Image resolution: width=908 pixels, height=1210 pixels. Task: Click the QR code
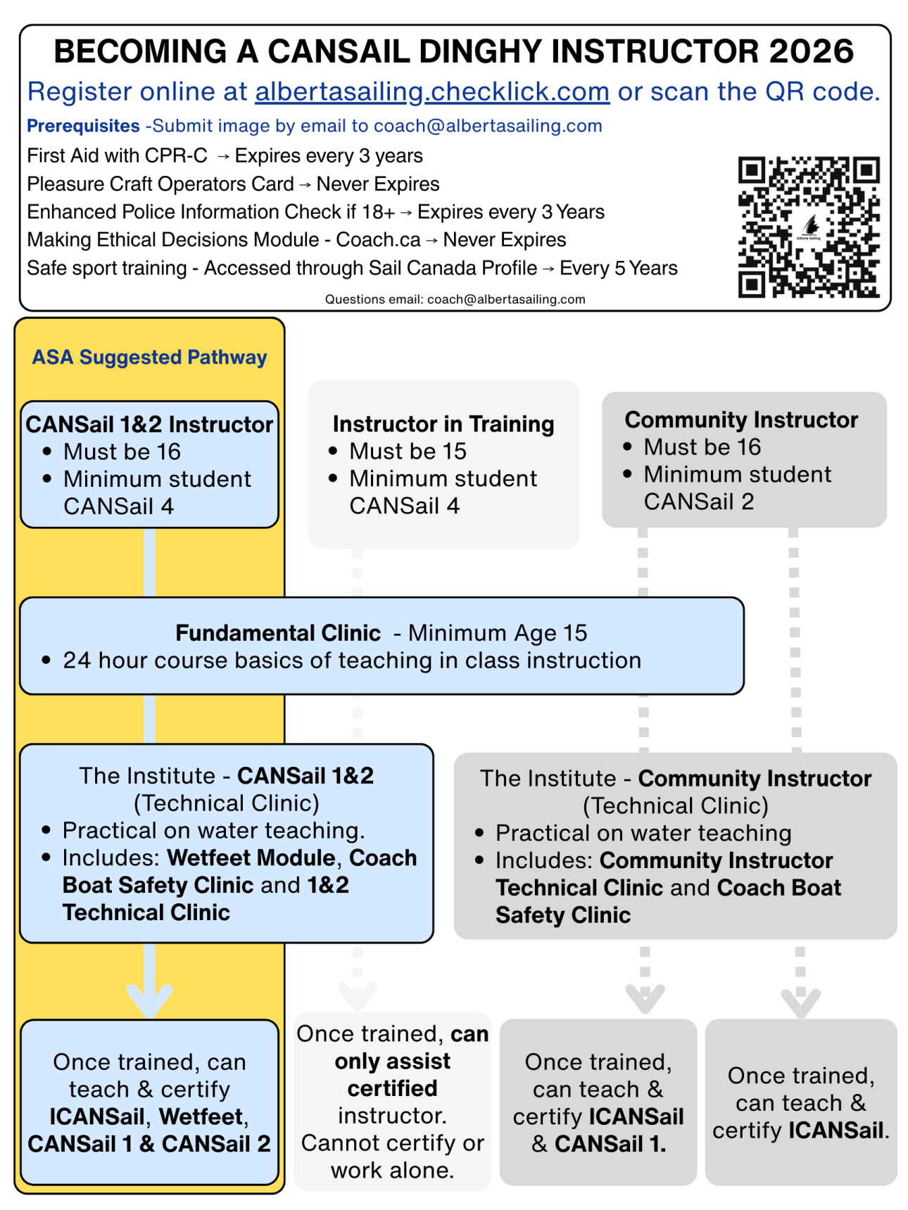[808, 227]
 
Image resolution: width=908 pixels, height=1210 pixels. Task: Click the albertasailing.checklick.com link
[431, 91]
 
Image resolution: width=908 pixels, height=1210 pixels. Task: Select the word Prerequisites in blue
[83, 126]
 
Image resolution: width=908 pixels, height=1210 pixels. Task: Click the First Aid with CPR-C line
[225, 155]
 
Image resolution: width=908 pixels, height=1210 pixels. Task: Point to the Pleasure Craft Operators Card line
[232, 184]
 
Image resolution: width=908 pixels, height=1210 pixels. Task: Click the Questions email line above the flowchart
[455, 299]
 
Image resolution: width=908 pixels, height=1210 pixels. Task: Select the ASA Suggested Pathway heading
[149, 357]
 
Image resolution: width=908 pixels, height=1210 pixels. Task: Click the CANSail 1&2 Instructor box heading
[149, 424]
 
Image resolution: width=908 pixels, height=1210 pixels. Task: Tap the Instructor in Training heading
[443, 424]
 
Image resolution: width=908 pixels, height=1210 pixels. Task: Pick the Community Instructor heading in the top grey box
[741, 420]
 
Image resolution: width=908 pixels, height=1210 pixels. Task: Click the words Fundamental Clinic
[278, 633]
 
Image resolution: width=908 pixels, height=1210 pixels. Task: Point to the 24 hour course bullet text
[352, 661]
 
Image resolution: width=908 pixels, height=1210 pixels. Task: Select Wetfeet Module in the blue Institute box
[251, 858]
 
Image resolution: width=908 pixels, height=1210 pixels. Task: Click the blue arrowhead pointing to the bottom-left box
[149, 999]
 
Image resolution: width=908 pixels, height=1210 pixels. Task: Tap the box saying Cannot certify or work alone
[392, 1101]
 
